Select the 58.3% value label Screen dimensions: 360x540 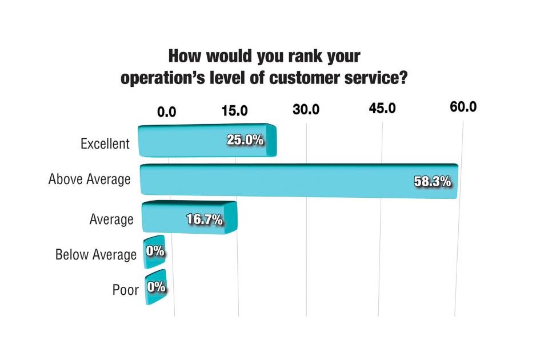pyautogui.click(x=433, y=182)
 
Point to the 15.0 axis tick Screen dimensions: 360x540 pyautogui.click(x=235, y=110)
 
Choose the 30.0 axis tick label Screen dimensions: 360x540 pyautogui.click(x=306, y=110)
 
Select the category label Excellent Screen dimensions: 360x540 pyautogui.click(x=105, y=144)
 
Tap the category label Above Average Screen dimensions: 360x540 pyautogui.click(x=90, y=179)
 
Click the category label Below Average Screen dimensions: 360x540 pyautogui.click(x=96, y=254)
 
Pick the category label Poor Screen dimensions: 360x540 pyautogui.click(x=125, y=290)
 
